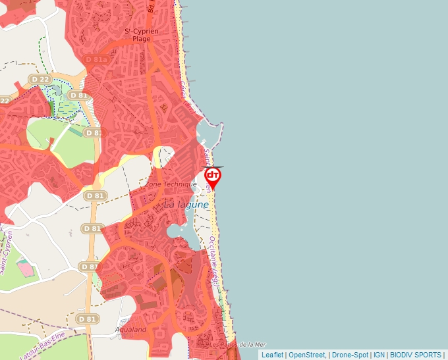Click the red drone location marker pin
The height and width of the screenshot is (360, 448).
[213, 176]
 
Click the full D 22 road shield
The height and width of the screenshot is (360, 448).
[40, 79]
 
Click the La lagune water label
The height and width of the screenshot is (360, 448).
[186, 205]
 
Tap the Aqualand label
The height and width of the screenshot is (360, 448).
[130, 329]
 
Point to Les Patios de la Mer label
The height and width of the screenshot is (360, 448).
[231, 344]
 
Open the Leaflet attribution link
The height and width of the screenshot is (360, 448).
[272, 355]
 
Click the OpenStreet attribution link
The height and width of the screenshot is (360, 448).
[306, 355]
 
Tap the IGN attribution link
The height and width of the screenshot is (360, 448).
[379, 355]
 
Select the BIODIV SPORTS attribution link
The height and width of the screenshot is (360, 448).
[415, 355]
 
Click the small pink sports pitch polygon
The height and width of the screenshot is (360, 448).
[26, 268]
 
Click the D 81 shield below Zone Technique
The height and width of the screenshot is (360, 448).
[95, 195]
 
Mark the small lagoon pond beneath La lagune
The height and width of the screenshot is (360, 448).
[177, 230]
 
